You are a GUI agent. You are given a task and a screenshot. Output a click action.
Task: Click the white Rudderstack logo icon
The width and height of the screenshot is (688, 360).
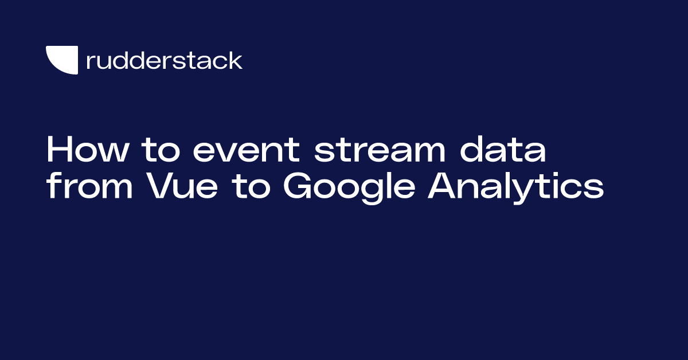pyautogui.click(x=61, y=60)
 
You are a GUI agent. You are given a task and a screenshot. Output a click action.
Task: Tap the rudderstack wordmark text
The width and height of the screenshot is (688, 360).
pyautogui.click(x=164, y=60)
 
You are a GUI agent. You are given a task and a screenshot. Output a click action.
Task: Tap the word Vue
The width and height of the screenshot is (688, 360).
pyautogui.click(x=183, y=187)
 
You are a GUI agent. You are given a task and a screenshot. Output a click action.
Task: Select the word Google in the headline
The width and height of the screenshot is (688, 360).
pyautogui.click(x=347, y=187)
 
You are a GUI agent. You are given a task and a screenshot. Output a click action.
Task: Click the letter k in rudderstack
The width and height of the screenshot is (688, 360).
pyautogui.click(x=236, y=60)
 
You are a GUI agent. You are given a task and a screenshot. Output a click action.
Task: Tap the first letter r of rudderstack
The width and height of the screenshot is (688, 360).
pyautogui.click(x=89, y=62)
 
